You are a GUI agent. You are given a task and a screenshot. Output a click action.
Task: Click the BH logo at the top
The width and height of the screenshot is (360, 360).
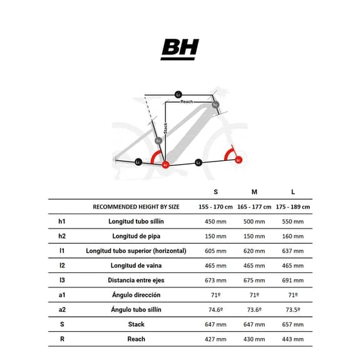tap(180, 49)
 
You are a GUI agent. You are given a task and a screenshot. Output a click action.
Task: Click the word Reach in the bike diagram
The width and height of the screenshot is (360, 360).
tap(187, 101)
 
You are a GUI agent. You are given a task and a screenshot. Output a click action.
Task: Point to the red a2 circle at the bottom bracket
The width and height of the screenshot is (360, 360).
tap(165, 165)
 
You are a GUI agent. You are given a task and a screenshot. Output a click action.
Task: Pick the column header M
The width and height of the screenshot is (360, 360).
tap(254, 191)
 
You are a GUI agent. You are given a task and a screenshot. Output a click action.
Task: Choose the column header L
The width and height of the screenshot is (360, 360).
tap(292, 191)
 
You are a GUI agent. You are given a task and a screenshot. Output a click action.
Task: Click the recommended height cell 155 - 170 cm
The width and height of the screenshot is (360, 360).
tap(215, 207)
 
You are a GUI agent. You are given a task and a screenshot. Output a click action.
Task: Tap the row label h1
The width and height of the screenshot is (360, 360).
tap(61, 221)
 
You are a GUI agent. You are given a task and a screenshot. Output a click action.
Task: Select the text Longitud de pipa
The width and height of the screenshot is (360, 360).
tap(136, 236)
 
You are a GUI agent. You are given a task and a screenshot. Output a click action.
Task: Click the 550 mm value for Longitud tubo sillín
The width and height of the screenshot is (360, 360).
tap(292, 221)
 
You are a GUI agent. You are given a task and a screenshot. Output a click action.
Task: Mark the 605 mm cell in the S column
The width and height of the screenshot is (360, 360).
tap(215, 251)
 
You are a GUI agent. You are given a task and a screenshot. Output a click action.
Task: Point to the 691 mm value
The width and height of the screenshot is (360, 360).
tap(292, 280)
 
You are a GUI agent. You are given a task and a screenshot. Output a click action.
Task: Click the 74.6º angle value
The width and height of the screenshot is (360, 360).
tap(215, 310)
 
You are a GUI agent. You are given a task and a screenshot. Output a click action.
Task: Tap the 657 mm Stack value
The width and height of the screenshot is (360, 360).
tap(292, 324)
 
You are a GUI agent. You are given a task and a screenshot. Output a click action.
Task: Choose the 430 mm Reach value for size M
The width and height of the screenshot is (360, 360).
tap(254, 339)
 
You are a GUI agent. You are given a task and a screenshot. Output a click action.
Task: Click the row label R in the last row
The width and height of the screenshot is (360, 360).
tap(61, 339)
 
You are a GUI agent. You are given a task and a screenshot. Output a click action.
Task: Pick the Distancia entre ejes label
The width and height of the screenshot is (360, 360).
tap(136, 280)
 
